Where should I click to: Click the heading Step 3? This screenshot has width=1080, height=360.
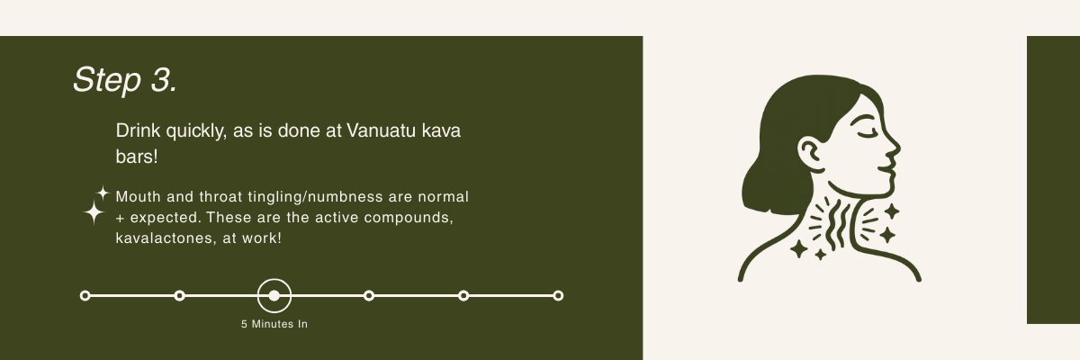point(125,80)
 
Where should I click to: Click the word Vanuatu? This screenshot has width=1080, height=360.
point(381,130)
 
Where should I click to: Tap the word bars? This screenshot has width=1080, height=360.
point(137,157)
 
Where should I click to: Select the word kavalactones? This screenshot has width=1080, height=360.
point(166,238)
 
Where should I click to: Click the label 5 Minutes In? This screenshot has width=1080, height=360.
point(274,324)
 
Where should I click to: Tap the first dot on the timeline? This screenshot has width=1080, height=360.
point(85,296)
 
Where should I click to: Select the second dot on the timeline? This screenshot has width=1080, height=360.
point(179,296)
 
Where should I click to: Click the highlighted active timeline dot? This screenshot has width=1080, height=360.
point(274,296)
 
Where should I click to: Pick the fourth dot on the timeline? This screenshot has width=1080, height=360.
point(369,296)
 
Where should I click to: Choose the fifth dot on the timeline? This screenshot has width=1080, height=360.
point(463,296)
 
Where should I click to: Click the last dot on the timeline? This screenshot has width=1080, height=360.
point(558,296)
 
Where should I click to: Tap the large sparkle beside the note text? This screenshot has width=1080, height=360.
point(94,212)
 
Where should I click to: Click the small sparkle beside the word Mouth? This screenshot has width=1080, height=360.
point(103,193)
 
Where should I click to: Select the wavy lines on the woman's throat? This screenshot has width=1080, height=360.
point(836,224)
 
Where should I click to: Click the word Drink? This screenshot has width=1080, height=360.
point(138,130)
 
